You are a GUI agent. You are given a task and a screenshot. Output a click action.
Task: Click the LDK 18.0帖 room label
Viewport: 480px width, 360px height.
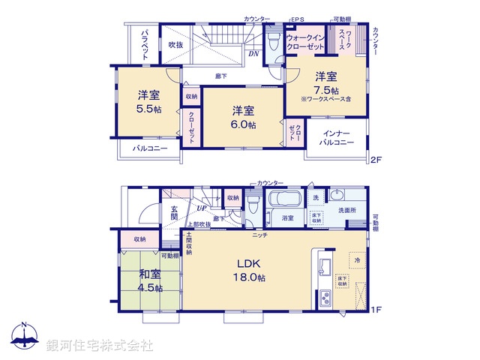point(250,271)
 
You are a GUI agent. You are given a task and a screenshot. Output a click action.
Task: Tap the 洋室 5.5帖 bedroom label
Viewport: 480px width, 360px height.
point(148,101)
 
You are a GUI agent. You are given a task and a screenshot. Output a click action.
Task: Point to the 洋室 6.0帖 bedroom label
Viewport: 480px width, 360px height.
point(242,117)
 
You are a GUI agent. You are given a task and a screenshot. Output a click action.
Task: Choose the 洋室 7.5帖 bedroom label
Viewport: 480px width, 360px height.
point(324,82)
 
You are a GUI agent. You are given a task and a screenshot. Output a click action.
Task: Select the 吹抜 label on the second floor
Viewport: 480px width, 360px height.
point(176,45)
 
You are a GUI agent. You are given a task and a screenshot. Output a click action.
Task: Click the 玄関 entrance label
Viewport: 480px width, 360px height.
point(173,212)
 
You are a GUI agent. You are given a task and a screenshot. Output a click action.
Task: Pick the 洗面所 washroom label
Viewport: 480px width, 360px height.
point(346,211)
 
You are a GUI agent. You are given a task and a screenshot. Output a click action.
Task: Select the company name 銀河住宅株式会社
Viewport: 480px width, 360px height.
point(100,346)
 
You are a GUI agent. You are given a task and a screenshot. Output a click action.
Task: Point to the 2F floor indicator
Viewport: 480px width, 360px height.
point(376,160)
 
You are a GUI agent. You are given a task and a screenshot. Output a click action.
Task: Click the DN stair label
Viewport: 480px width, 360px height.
point(254,53)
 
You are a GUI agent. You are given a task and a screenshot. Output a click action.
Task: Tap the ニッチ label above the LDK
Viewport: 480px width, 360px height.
point(260,235)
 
